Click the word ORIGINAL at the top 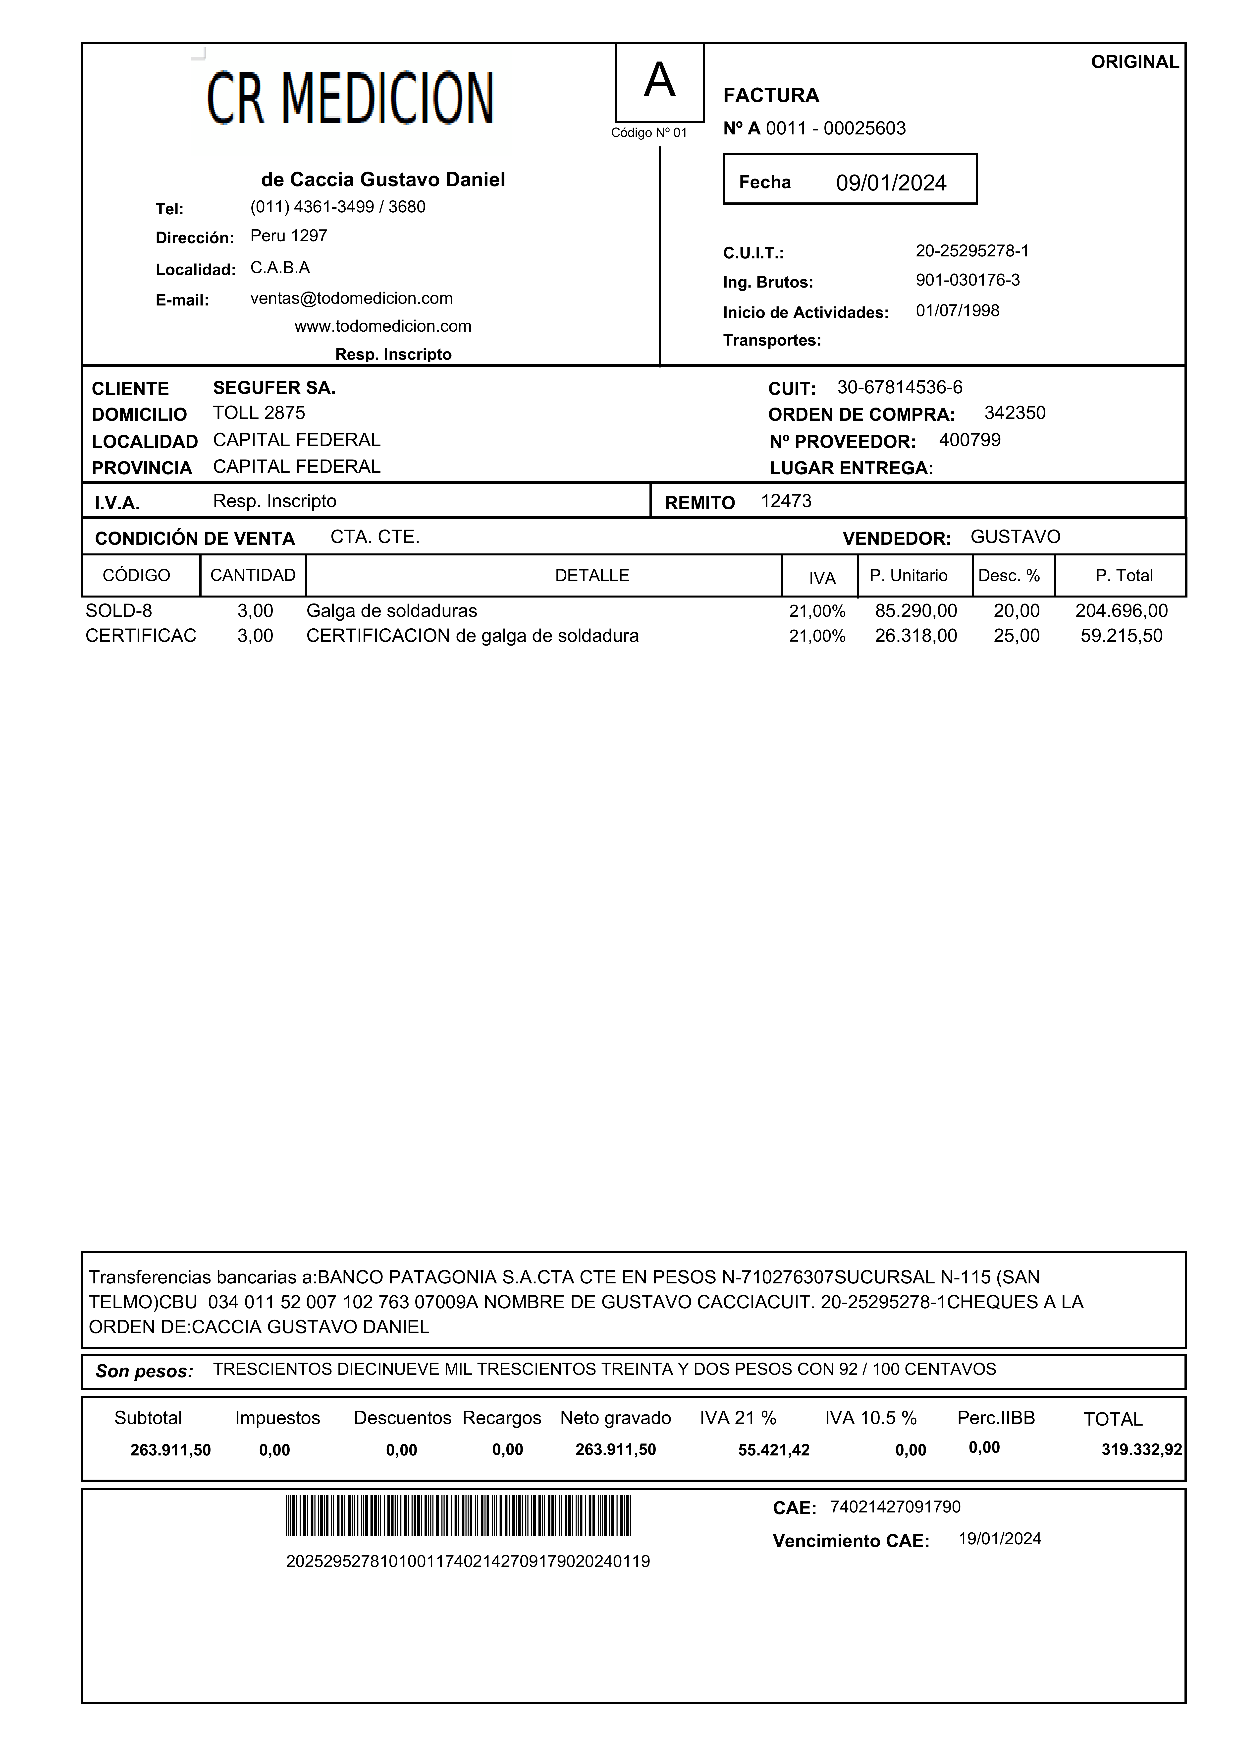tap(1134, 62)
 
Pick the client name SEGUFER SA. tap(273, 388)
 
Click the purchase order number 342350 tap(1015, 414)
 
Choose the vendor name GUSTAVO tap(1015, 537)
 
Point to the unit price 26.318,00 tap(916, 636)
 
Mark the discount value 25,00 tap(1016, 636)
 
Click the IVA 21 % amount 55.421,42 tap(774, 1450)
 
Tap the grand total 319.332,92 tap(1141, 1450)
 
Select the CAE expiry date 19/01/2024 tap(999, 1539)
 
